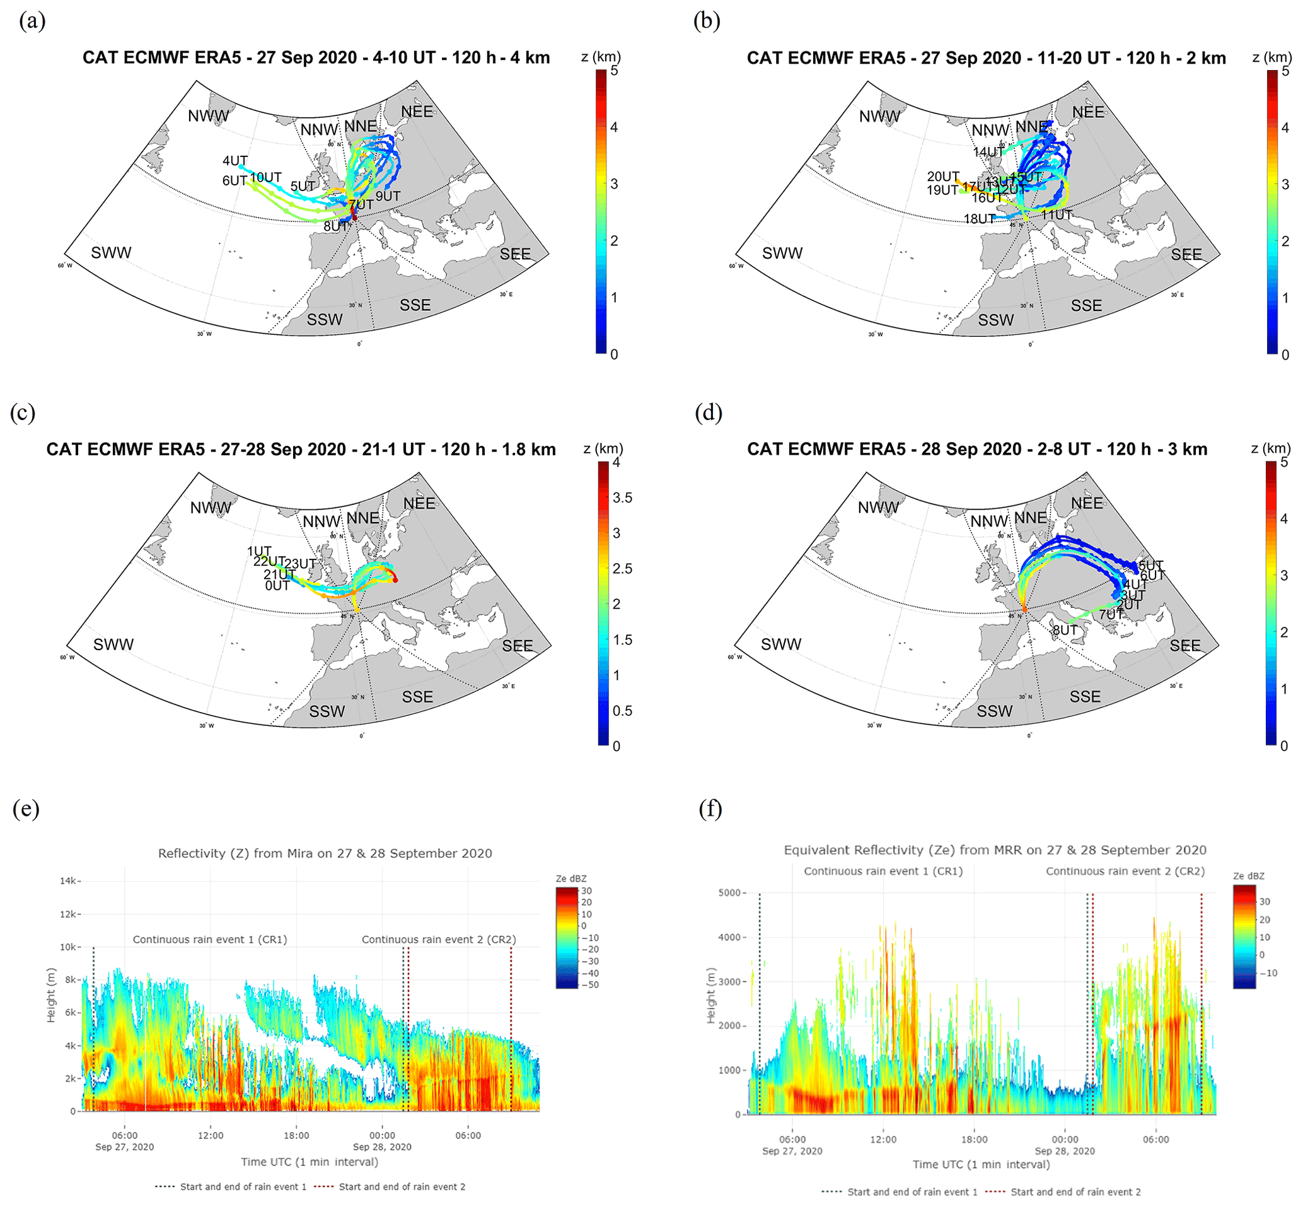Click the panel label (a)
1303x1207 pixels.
coord(32,21)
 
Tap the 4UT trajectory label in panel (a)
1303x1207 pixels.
coord(235,161)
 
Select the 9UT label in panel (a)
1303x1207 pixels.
coord(388,196)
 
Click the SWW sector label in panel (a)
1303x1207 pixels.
coord(111,253)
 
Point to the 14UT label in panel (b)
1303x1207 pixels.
coord(988,152)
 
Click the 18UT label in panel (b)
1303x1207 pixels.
coord(979,219)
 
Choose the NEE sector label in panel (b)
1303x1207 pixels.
coord(1088,112)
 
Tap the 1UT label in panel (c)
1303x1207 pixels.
coord(259,551)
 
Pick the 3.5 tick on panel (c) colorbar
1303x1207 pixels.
coord(622,498)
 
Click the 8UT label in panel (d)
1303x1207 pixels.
coord(1065,630)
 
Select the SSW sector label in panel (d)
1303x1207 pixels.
coord(994,711)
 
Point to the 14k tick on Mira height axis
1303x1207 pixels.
coord(69,881)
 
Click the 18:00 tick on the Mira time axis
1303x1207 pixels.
coord(296,1135)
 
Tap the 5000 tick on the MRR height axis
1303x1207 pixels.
coord(729,893)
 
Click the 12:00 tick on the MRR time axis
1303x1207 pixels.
coord(883,1139)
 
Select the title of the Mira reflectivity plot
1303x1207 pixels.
coord(325,853)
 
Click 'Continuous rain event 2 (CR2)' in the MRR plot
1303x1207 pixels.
coord(1125,871)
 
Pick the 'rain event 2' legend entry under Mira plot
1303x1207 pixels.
coord(402,1187)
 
